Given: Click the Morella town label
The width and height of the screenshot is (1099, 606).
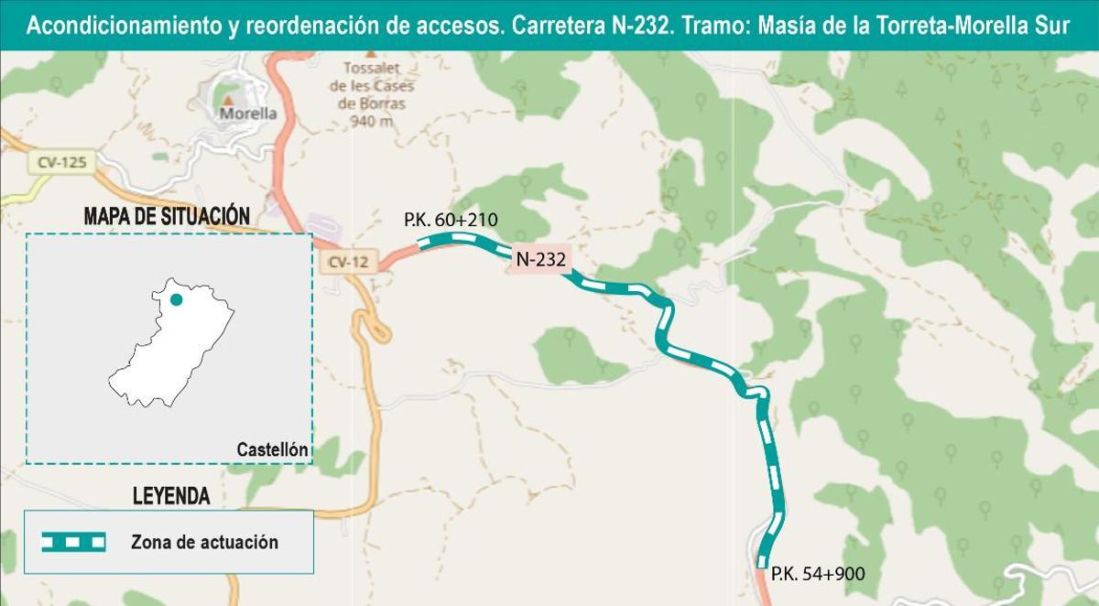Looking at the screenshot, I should coord(248,114).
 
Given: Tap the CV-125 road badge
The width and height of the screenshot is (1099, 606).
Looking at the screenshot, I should coord(62,163).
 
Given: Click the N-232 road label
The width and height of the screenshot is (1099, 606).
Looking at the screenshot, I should coord(541,259).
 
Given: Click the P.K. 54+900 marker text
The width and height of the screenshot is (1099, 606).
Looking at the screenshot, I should coord(818,574).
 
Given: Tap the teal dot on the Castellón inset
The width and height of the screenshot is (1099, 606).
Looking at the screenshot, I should coord(177,299).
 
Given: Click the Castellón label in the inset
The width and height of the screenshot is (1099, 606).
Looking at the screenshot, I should coord(272,449).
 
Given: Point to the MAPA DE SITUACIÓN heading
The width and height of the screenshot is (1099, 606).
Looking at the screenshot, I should coord(167,216).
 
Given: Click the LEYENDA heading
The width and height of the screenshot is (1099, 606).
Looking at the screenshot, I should coord(171,497).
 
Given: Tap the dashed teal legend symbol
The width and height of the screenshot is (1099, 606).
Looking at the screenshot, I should coord(73,542).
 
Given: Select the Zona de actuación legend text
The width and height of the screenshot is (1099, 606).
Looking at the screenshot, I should coord(204,543).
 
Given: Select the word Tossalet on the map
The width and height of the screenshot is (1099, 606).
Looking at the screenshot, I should coord(371,69).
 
